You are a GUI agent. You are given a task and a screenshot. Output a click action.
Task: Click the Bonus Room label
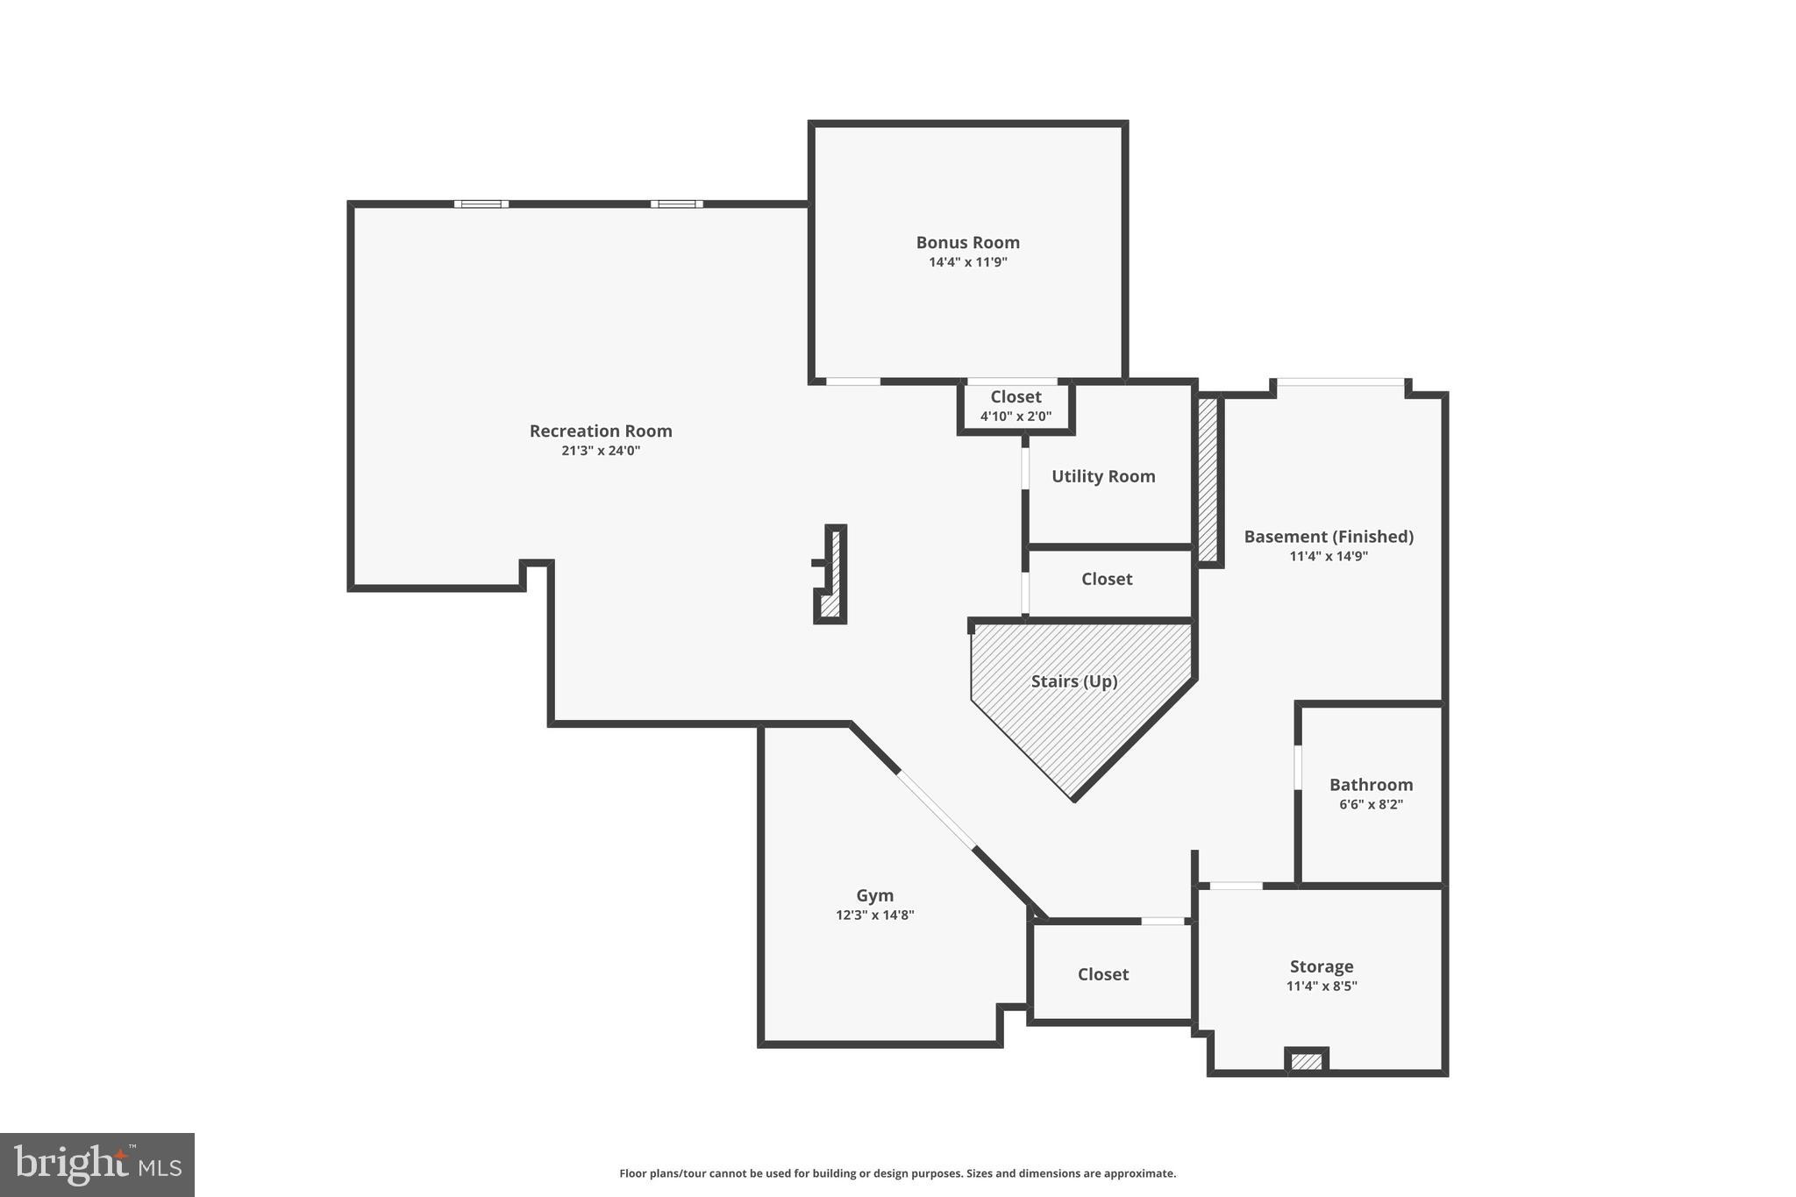coord(967,242)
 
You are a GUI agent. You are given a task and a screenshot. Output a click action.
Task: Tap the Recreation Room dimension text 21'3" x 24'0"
coord(601,451)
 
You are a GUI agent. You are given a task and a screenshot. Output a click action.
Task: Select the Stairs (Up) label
coord(1073,681)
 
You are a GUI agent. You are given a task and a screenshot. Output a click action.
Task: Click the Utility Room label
coord(1103,476)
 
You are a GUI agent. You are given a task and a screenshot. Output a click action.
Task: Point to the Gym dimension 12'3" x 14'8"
coord(874,915)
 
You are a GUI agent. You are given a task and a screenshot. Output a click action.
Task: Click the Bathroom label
coord(1371,785)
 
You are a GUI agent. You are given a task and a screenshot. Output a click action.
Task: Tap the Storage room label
coord(1321,966)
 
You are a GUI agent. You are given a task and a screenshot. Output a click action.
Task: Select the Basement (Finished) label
coord(1328,537)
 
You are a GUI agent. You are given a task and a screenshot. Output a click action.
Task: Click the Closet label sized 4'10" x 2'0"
coord(1016,397)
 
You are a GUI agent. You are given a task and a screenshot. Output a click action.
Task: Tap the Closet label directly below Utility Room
coord(1106,579)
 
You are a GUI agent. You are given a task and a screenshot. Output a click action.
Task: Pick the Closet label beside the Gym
coord(1102,974)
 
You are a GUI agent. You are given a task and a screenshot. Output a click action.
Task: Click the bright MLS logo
coord(96,1165)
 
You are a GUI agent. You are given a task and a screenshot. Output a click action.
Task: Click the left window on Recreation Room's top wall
coord(481,204)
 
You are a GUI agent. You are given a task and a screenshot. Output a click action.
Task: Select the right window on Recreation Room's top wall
coord(676,204)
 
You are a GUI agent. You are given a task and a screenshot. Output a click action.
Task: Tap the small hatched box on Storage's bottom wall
coord(1306,1062)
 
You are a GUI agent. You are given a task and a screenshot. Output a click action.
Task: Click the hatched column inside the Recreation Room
coord(834,574)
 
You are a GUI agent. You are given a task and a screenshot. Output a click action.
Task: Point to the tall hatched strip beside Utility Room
coord(1208,479)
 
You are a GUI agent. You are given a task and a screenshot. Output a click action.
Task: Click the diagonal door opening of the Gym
coord(936,809)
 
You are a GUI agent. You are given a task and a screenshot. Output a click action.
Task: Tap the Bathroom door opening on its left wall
coord(1298,767)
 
